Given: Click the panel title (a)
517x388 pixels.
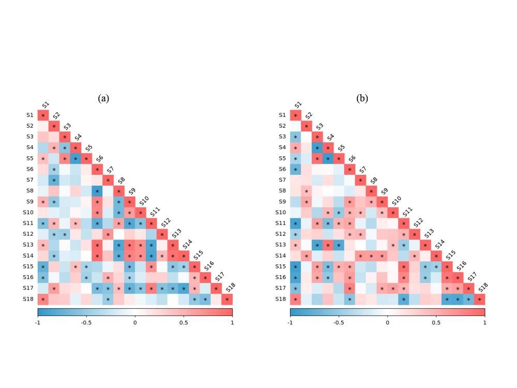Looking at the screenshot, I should pos(104,98).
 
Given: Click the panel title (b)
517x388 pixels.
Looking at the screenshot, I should pos(362,98).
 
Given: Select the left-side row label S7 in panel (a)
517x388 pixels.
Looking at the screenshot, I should pos(30,180).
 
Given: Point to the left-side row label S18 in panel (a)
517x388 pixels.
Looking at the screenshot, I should pos(29,300).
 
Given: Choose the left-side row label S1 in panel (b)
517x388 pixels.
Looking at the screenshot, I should pos(282,115).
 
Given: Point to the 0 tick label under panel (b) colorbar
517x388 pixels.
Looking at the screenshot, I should pos(387,322).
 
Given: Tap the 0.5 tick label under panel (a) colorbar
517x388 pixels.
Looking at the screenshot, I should pos(184,322).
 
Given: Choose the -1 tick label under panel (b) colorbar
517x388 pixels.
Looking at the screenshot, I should pos(290,322).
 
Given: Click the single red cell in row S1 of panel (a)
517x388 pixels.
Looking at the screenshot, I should pos(43,115).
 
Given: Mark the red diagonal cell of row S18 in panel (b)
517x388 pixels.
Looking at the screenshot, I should pos(479,300).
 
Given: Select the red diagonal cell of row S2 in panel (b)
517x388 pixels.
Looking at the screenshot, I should pos(306,126).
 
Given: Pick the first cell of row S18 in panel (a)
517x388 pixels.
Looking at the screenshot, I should pos(43,300).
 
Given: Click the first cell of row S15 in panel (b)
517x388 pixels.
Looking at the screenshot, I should pos(295,267).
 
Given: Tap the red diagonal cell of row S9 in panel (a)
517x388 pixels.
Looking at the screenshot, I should pos(130,202).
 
